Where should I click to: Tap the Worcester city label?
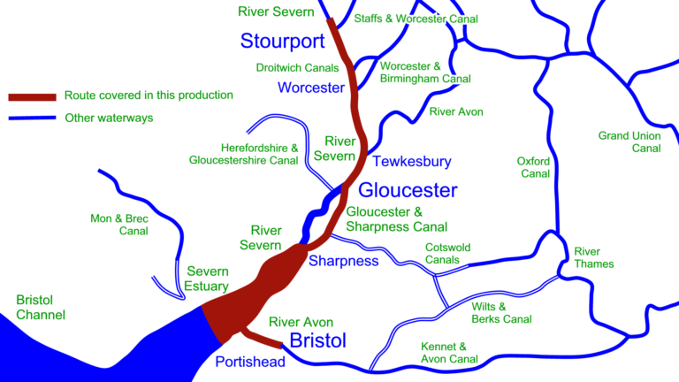point(310,88)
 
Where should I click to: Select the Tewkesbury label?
point(411,162)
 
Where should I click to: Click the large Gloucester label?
point(408,190)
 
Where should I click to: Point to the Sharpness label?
point(343,261)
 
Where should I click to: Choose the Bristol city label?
point(318,340)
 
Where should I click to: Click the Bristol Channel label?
point(40,308)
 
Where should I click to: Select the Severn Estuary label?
point(207,279)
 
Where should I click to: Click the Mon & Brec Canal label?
point(119,225)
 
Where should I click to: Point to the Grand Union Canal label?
point(629,141)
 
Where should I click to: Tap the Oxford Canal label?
point(535,167)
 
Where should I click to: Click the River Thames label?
point(593,257)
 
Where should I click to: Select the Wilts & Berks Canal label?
point(501,312)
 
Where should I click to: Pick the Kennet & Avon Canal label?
point(449,352)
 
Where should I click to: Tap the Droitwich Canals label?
point(297,67)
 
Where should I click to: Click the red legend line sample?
point(32,95)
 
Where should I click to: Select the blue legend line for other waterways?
point(32,118)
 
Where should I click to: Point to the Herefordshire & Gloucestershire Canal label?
point(244,154)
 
